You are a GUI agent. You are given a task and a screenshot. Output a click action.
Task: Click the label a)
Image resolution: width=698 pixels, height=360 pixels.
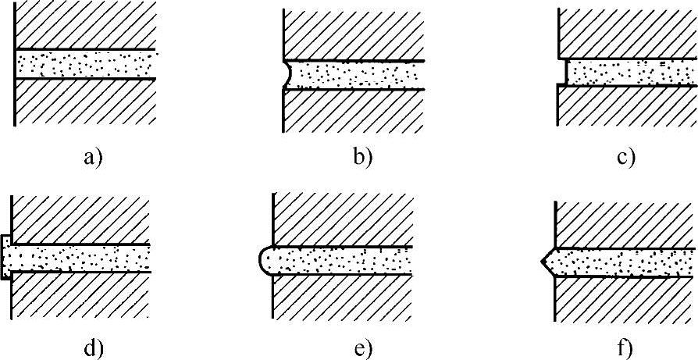pos(93,159)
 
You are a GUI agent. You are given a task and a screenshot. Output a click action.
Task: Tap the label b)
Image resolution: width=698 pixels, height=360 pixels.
pos(363,159)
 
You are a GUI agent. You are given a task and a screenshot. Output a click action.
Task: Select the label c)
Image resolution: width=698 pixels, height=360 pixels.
pos(625,159)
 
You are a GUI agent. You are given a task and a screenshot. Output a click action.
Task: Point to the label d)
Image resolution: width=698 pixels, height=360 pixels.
pos(93,349)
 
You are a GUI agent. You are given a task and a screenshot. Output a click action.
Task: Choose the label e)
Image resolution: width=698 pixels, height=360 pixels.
pos(363,349)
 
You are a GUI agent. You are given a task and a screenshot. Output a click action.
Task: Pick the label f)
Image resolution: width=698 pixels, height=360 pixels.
pos(625,349)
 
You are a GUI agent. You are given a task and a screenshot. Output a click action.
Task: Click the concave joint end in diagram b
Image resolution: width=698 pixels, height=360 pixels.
pos(287,75)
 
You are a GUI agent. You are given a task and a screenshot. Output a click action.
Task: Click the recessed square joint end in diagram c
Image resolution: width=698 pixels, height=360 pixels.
pos(564,72)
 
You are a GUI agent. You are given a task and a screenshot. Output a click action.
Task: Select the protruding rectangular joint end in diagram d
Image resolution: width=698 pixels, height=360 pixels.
pos(5,257)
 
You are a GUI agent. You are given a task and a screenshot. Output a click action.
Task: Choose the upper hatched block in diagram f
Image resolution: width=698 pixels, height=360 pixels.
pos(625,223)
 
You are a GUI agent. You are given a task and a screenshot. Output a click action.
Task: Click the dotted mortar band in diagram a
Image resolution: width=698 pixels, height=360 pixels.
pos(86,64)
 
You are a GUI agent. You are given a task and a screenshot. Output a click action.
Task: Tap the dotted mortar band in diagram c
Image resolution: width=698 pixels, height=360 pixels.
pos(629,72)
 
